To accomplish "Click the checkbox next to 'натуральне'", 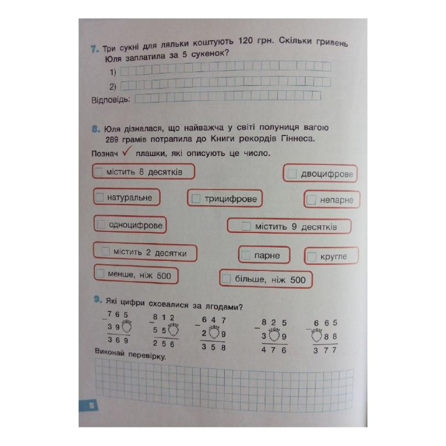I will click(x=100, y=197).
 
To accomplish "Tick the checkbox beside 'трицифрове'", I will click(x=196, y=199).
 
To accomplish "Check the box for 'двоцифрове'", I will click(x=293, y=174).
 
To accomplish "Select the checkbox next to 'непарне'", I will click(x=311, y=200).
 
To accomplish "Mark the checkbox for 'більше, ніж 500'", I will click(x=226, y=279).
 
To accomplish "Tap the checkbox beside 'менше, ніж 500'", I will click(x=100, y=274).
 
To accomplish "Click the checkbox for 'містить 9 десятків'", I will click(x=246, y=226).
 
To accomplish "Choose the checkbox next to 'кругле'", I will click(x=312, y=256).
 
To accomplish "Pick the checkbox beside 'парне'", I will click(x=246, y=255).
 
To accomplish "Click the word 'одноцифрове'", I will click(x=136, y=225).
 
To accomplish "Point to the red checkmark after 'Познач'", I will click(x=127, y=151).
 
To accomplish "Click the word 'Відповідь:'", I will click(x=111, y=100).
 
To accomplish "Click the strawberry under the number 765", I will click(x=127, y=327).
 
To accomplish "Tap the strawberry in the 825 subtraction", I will click(x=274, y=336).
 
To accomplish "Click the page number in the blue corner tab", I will click(x=91, y=405).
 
